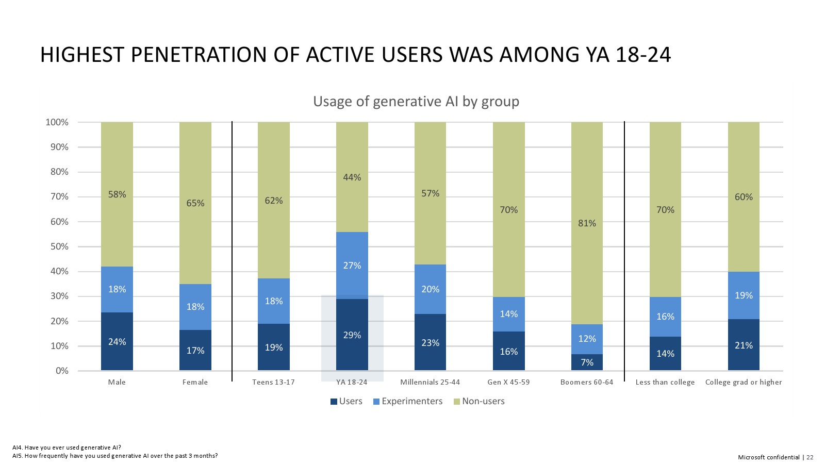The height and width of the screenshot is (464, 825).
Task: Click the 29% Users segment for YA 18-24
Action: tap(352, 335)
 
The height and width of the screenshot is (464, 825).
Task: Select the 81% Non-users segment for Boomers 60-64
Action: tap(587, 223)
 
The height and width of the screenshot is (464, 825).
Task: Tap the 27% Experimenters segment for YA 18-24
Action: tap(352, 265)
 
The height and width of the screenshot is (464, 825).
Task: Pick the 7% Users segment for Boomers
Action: tap(587, 362)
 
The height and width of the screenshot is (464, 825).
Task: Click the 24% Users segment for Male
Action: tap(117, 341)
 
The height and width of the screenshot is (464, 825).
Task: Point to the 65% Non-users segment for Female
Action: tap(195, 203)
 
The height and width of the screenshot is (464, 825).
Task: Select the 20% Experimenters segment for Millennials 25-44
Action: tap(430, 289)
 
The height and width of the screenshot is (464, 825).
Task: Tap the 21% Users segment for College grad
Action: tap(744, 345)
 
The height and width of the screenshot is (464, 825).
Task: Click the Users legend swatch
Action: tap(334, 402)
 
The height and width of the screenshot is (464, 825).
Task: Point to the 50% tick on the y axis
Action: tap(58, 246)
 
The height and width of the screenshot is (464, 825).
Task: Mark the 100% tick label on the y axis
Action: tap(57, 122)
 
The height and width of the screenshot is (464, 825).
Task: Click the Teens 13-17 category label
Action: tap(273, 382)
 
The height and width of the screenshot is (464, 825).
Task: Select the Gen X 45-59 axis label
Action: tap(508, 382)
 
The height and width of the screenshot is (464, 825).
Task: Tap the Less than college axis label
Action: tap(665, 382)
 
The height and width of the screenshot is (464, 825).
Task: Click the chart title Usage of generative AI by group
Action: tap(416, 101)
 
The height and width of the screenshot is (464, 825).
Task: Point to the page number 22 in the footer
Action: tap(810, 457)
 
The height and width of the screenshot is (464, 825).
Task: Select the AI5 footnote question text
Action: tap(115, 456)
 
